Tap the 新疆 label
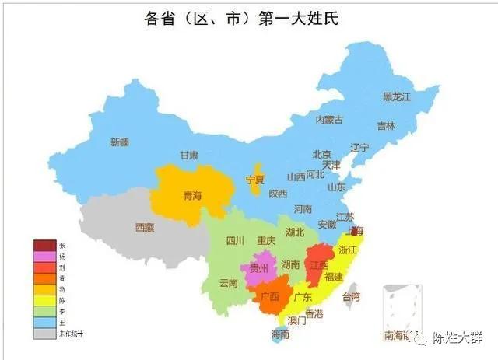click(119, 142)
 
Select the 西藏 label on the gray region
click(145, 228)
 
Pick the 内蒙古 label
click(329, 120)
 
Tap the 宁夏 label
click(255, 180)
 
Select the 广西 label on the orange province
click(270, 297)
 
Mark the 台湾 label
click(352, 297)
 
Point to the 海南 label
click(279, 334)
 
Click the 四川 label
click(236, 241)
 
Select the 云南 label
click(229, 282)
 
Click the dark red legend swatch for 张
click(44, 246)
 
